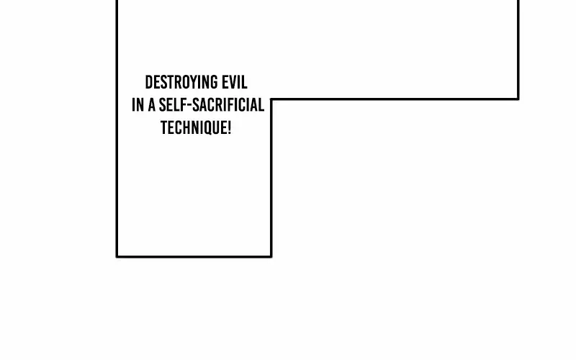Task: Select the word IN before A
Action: coord(138,105)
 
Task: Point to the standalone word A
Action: coord(152,105)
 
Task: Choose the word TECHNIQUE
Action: coord(193,128)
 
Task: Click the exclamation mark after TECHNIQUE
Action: coord(229,128)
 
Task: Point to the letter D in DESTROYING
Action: coord(149,82)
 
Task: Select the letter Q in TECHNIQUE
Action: coord(207,129)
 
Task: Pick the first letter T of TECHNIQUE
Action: coord(164,128)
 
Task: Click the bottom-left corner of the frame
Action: coord(117,256)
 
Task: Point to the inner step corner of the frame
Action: coord(271,99)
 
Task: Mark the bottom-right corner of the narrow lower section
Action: coord(271,256)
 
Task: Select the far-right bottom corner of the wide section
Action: coord(518,99)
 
